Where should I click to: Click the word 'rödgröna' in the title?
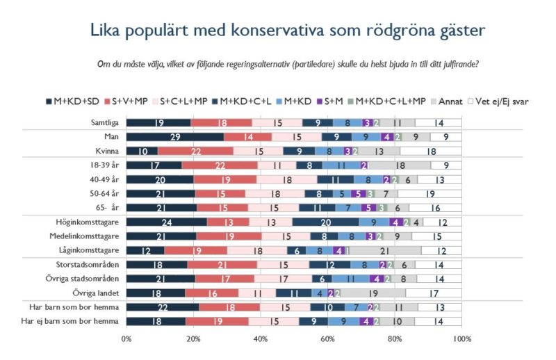coord(402,31)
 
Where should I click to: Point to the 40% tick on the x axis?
coord(260,338)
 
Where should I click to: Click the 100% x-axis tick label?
coord(461,338)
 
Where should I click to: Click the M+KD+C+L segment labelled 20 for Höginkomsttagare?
coord(325,222)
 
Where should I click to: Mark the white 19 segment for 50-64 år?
coord(431,194)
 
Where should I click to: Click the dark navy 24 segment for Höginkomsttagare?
coord(166,222)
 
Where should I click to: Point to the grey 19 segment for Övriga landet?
coord(373,293)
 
